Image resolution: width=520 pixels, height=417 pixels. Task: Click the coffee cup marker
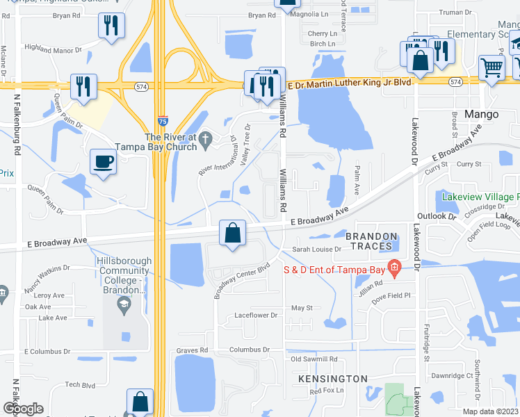click(x=103, y=162)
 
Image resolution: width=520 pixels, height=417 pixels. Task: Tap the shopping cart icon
click(x=491, y=68)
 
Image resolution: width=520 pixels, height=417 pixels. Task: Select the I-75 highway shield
click(x=162, y=120)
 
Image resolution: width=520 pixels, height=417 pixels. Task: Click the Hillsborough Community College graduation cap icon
click(x=123, y=303)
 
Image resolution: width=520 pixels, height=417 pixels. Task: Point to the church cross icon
click(x=205, y=141)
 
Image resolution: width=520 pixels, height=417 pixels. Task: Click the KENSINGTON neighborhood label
click(x=332, y=379)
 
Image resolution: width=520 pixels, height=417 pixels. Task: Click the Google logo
click(x=23, y=409)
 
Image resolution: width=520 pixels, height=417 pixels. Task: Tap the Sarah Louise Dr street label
click(x=316, y=249)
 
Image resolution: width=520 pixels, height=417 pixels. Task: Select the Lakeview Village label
click(x=480, y=197)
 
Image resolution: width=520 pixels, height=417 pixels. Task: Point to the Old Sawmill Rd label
click(x=314, y=359)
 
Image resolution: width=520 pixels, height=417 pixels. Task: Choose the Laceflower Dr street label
click(x=256, y=315)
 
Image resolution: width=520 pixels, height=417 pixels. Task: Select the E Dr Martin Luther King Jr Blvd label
click(x=349, y=82)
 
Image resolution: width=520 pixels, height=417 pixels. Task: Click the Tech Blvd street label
click(x=80, y=384)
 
